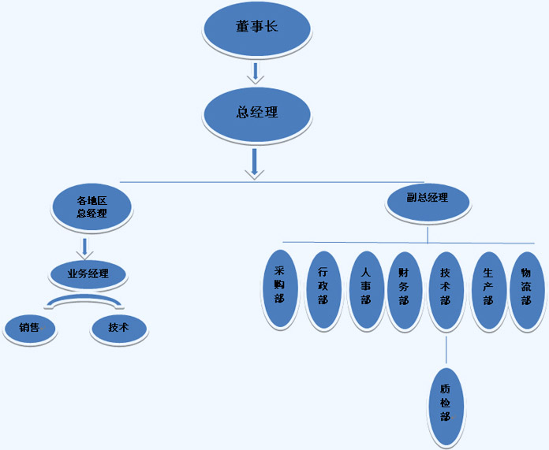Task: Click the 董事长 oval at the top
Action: point(257,30)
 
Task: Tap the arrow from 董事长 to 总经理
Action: point(256,73)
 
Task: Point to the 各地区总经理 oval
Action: point(91,207)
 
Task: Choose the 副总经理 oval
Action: point(428,203)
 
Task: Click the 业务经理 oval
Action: point(88,275)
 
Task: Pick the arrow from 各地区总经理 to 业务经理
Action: point(84,249)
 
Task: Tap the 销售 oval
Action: point(30,329)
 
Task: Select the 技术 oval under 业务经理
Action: point(119,329)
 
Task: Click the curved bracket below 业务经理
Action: point(84,302)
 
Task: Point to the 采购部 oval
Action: point(281,289)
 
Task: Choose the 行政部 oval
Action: point(324,291)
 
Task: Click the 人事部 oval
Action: point(367,291)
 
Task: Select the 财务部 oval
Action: point(405,291)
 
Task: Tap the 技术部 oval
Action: point(446,291)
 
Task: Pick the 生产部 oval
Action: point(489,291)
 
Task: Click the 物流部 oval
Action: point(527,291)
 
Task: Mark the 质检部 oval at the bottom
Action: point(446,407)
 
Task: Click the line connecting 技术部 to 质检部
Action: point(446,350)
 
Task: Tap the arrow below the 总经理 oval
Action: point(255,164)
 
